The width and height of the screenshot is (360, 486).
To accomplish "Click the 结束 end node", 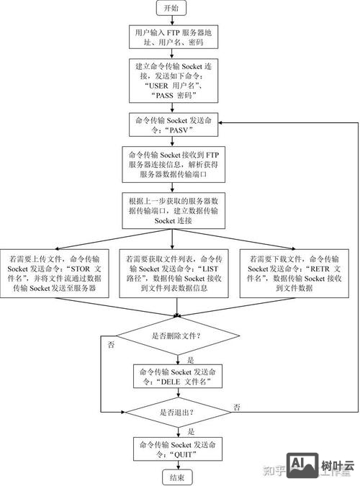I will tap(176, 477).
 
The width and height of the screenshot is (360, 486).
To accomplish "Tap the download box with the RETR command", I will tap(295, 272).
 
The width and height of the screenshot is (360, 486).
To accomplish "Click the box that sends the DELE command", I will tap(176, 376).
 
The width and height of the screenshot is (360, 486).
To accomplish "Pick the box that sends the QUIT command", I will tap(176, 449).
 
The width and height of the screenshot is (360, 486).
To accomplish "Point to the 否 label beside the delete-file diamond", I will tap(110, 346).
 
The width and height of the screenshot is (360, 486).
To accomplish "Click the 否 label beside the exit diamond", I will tap(236, 408).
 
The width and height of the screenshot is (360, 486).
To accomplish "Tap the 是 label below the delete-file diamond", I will tap(190, 359).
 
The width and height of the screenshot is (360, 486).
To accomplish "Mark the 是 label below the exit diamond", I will tap(190, 431).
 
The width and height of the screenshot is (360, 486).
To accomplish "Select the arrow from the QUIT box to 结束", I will tap(176, 465).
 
